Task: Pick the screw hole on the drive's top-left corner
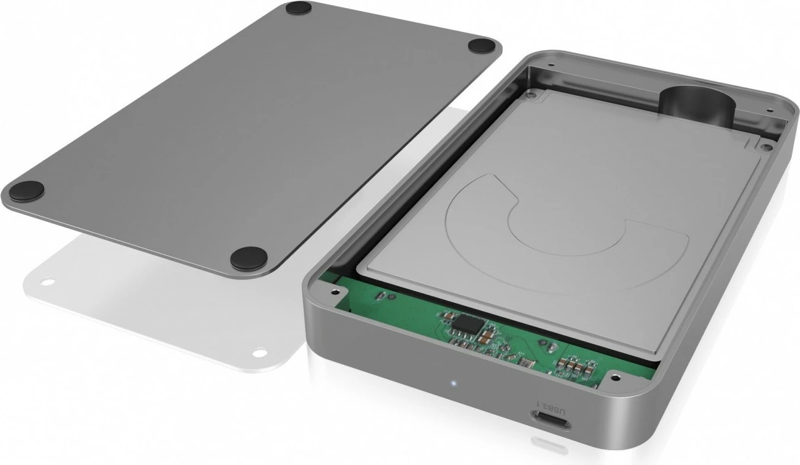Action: point(530,96)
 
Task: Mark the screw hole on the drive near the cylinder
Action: point(766,147)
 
